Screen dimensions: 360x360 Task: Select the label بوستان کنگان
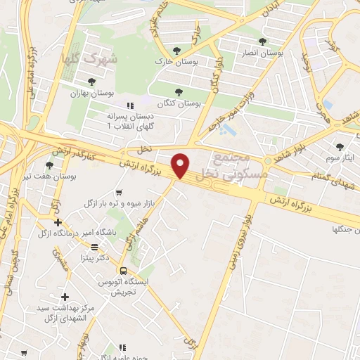(179, 103)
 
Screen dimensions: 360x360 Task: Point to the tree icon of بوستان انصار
(262, 42)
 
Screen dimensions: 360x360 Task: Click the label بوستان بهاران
(91, 93)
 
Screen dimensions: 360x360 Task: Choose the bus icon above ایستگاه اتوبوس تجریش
(124, 270)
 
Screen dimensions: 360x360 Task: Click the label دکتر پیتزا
(93, 257)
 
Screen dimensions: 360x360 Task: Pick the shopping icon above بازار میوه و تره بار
(120, 191)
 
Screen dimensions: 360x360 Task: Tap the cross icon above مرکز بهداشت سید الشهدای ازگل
(65, 297)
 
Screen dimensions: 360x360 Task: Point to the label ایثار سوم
(341, 157)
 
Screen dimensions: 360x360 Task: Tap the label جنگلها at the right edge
(345, 229)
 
